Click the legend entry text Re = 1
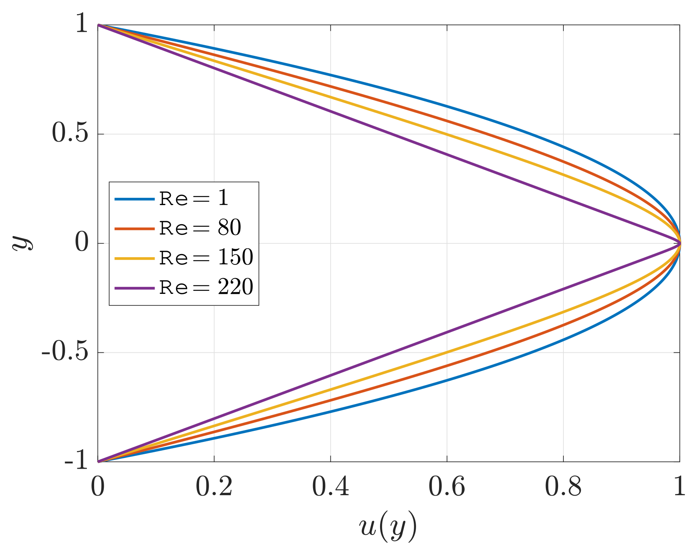[x=194, y=199]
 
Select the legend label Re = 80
[x=200, y=228]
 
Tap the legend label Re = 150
[x=206, y=258]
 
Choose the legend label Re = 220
[x=206, y=287]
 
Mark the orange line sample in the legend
[x=134, y=228]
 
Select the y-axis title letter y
[x=22, y=243]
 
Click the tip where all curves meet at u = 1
[x=679, y=243]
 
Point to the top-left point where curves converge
[x=98, y=25]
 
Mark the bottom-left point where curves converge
[x=98, y=461]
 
